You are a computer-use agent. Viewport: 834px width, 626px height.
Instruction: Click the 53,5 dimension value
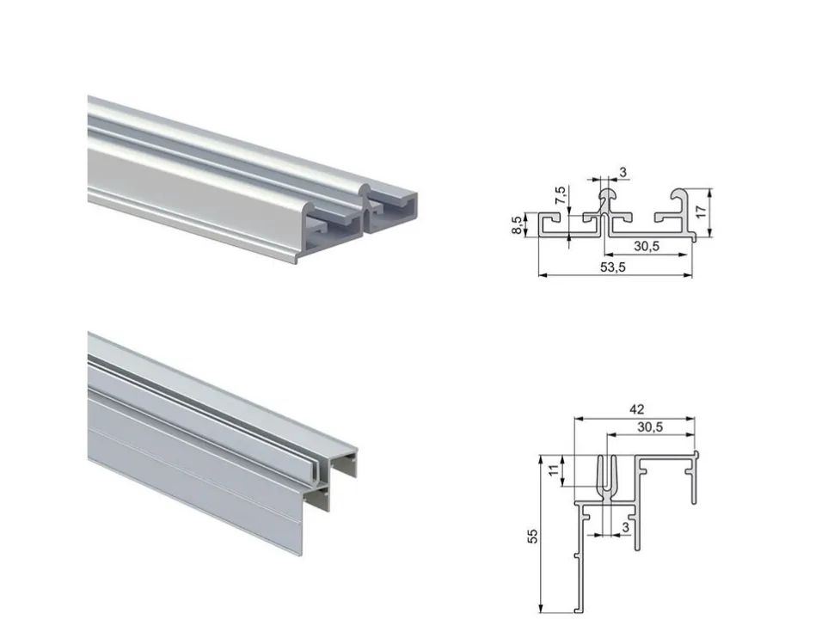[x=613, y=267]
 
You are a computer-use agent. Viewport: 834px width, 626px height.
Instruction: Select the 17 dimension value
[x=702, y=212]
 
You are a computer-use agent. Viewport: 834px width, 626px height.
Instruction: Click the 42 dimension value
[x=636, y=409]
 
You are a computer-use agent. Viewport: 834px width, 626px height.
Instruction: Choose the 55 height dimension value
[x=532, y=535]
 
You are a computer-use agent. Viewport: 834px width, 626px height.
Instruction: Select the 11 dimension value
[x=555, y=470]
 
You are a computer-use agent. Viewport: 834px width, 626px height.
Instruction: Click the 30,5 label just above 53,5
[x=647, y=246]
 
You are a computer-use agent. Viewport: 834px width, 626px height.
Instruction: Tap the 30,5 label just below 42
[x=650, y=427]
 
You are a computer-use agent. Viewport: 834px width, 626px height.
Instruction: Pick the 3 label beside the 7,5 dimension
[x=622, y=172]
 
